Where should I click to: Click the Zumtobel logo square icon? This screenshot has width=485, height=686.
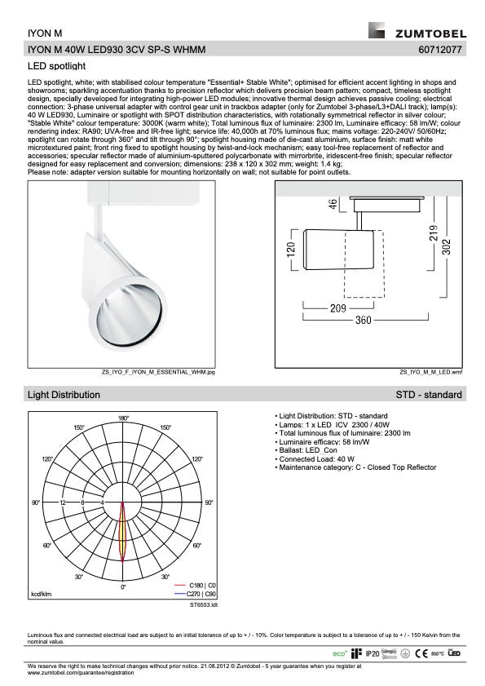[377, 30]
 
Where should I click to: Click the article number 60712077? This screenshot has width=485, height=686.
[440, 50]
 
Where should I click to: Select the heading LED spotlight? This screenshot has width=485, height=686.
[56, 66]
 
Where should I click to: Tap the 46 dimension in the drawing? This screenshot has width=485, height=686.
[333, 204]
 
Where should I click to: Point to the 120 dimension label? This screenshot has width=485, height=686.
[291, 249]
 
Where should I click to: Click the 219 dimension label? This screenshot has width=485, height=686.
[434, 233]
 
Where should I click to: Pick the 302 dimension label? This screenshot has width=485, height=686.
[446, 246]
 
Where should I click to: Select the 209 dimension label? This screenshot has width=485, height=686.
[338, 308]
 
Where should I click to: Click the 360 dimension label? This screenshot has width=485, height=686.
[363, 320]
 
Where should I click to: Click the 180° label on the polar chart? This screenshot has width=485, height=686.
[123, 418]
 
